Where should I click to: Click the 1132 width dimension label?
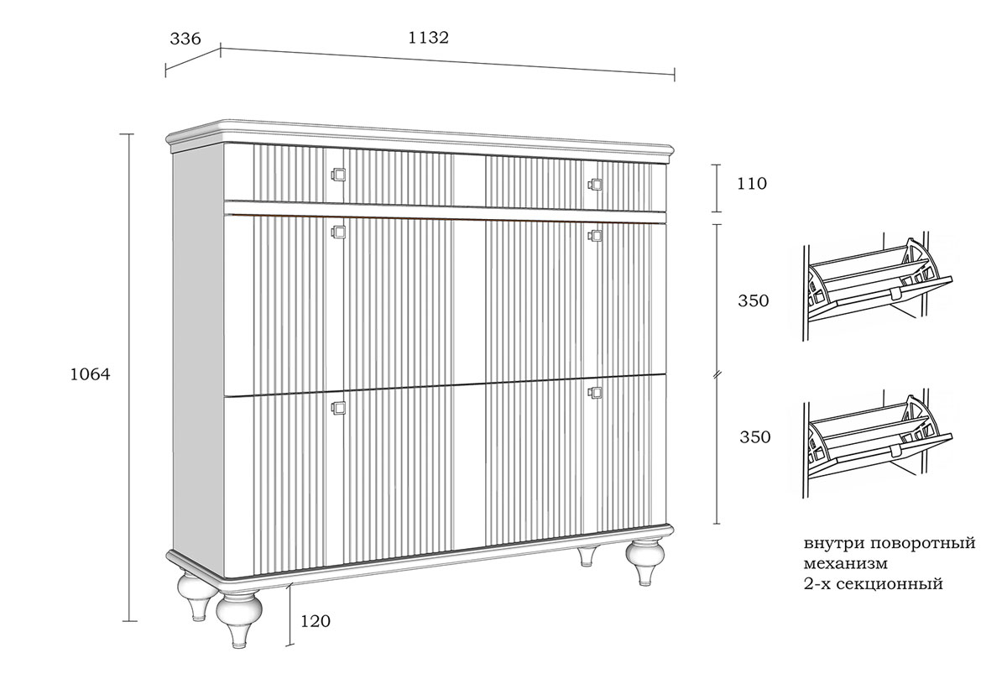coord(428,38)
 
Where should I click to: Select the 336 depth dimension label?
coord(185,39)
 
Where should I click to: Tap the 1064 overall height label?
coord(90,374)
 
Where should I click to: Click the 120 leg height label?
coord(315,622)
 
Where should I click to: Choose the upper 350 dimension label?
coord(754,300)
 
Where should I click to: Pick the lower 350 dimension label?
coord(754,437)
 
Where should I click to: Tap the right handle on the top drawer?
coord(595,184)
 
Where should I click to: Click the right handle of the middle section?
coord(595,236)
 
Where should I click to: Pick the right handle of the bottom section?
coord(595,391)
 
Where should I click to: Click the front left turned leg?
coord(239,617)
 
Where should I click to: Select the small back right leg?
coord(588,557)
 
